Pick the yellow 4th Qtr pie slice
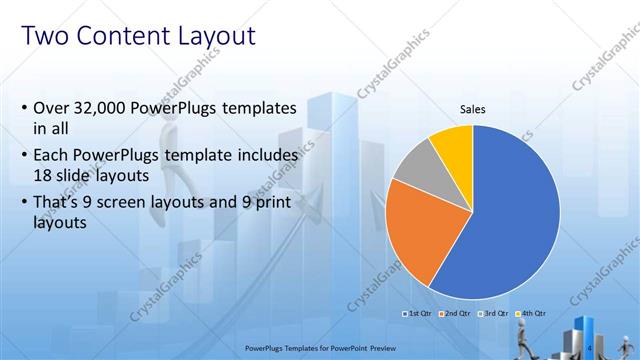point(453,144)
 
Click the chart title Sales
point(473,109)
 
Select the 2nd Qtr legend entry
point(457,314)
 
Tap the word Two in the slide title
point(44,37)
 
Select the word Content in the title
point(114,37)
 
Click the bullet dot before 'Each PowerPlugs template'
point(24,156)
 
